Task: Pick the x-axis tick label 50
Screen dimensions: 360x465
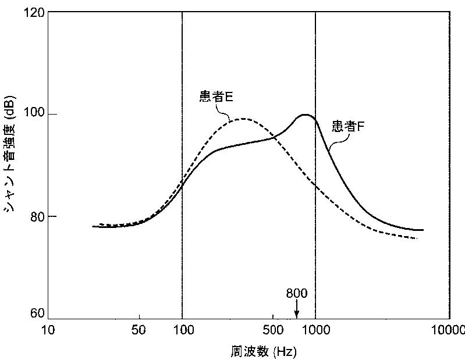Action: pos(139,330)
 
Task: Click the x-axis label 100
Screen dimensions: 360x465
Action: pos(182,330)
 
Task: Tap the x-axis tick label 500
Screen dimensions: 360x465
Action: pos(272,330)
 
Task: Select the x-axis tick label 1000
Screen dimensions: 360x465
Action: pos(315,330)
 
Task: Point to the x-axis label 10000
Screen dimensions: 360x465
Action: pos(449,330)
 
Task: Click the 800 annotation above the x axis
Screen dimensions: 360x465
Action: pos(296,293)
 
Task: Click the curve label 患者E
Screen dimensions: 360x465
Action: pos(216,97)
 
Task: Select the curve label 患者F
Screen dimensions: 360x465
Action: pos(348,126)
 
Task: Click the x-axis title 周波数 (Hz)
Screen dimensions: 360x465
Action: pos(257,352)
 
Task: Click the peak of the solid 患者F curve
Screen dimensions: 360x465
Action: pos(305,115)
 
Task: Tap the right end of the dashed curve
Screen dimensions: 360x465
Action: pos(417,238)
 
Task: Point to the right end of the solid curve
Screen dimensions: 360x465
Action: pos(423,230)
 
